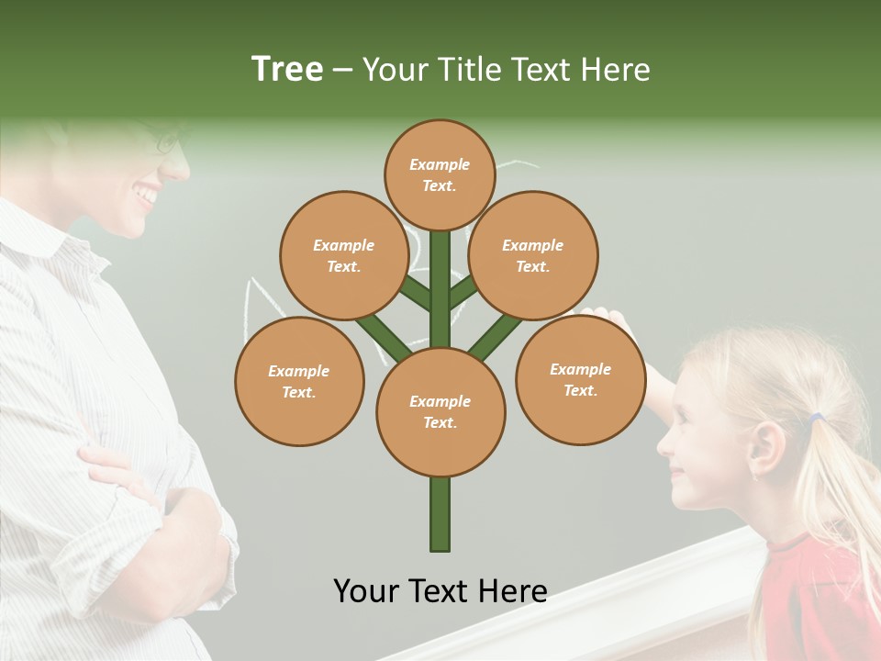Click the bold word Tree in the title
click(x=287, y=69)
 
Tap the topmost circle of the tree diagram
click(x=440, y=174)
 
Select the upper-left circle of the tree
click(x=343, y=255)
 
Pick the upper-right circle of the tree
click(x=532, y=255)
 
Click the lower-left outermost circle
click(x=299, y=381)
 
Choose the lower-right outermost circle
click(x=580, y=379)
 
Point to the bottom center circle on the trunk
click(x=440, y=411)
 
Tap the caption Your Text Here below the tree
click(x=440, y=590)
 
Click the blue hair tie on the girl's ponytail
click(x=815, y=419)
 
